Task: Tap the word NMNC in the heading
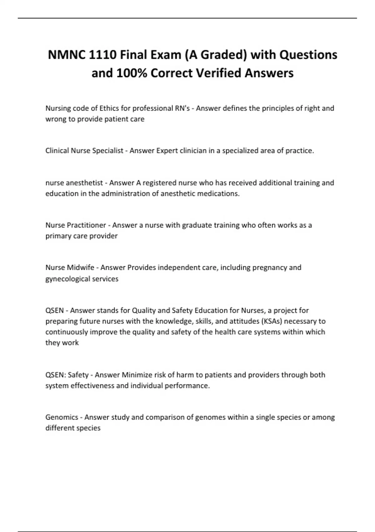(66, 55)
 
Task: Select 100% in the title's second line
(132, 73)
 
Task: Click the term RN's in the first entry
(182, 108)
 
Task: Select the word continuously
(67, 332)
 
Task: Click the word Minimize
(135, 375)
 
